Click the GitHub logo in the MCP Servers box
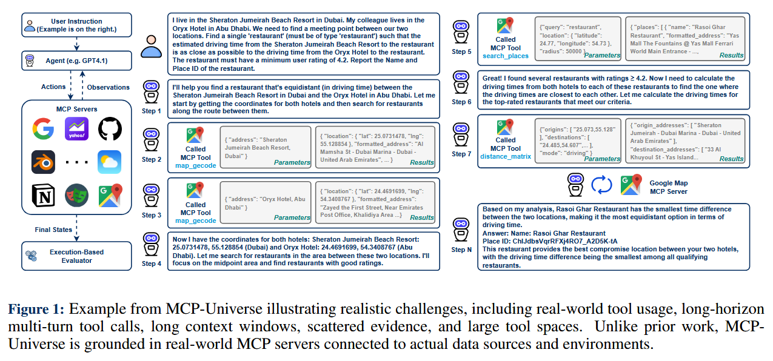tap(110, 129)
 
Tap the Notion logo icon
tap(43, 194)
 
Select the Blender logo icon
tap(43, 162)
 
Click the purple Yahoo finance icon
tap(76, 129)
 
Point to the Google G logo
tap(43, 129)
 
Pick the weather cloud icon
tap(110, 162)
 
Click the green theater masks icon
tap(76, 194)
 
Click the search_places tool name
tap(505, 56)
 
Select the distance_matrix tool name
tap(505, 157)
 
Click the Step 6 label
tap(461, 102)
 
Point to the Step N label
tap(461, 249)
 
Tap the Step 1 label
tap(151, 111)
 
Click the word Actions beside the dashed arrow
tap(54, 87)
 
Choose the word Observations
tap(109, 87)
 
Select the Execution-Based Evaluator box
tap(76, 256)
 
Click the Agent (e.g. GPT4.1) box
tap(76, 61)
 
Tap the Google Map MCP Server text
tap(668, 187)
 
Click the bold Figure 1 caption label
tap(36, 310)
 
